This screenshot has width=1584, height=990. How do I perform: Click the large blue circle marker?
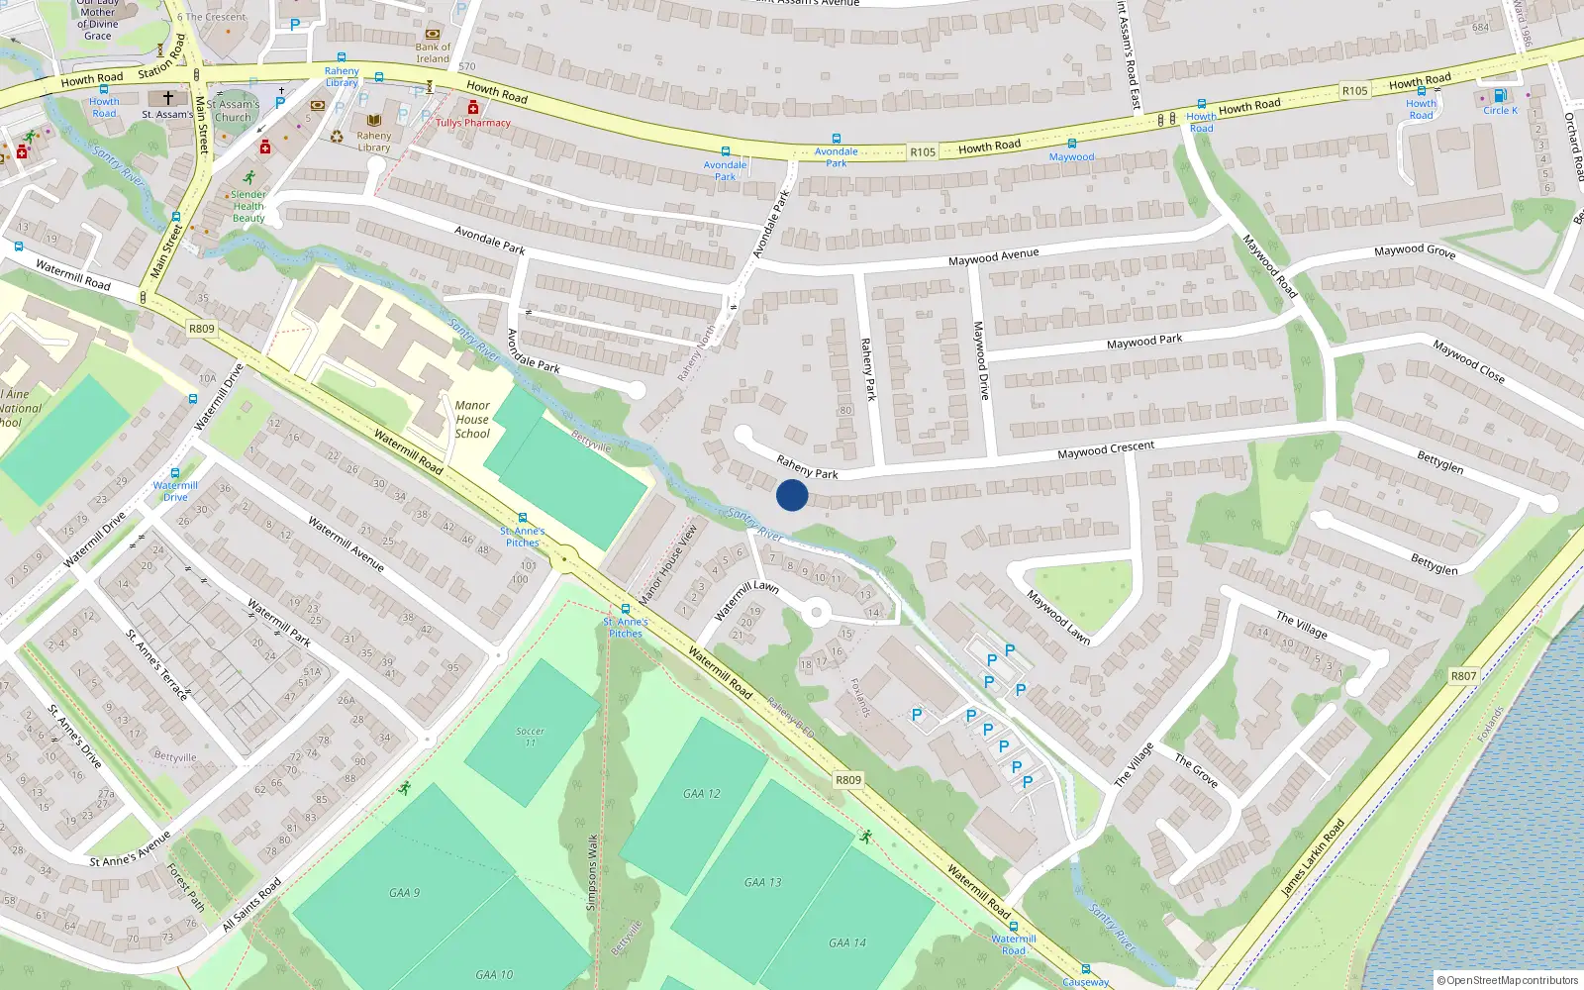[792, 495]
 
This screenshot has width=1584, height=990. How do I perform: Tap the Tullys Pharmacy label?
[473, 123]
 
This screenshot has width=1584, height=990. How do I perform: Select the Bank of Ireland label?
[433, 52]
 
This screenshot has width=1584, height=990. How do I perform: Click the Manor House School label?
[472, 419]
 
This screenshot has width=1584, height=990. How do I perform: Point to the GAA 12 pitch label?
[702, 793]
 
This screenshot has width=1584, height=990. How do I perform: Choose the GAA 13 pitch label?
[762, 882]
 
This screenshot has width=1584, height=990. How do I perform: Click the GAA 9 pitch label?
[404, 892]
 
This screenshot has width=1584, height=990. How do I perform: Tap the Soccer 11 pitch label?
[530, 737]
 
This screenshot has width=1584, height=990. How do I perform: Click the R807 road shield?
[1463, 676]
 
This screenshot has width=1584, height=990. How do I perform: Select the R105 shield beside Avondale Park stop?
[923, 151]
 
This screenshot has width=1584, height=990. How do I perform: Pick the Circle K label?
[1500, 110]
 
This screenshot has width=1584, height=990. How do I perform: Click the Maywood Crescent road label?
[1105, 449]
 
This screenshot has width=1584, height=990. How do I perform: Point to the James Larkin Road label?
[1312, 857]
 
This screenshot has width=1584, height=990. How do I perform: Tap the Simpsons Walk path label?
[592, 871]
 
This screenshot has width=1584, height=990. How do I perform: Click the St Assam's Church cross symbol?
[168, 98]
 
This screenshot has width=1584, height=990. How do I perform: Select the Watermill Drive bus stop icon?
[175, 473]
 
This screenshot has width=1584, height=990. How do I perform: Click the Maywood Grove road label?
[1414, 251]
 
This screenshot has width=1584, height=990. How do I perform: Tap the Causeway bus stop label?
[1085, 982]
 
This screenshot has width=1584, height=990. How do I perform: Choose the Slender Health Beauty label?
[248, 206]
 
